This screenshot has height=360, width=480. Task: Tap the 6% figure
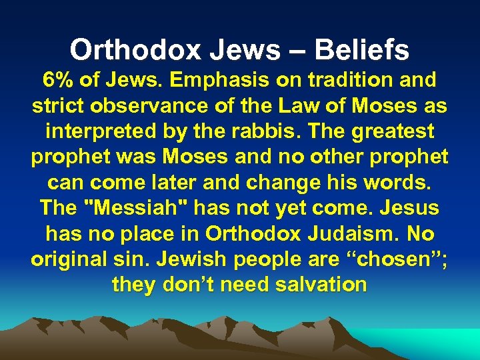pos(58,80)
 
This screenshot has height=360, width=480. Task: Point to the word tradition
pos(349,80)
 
